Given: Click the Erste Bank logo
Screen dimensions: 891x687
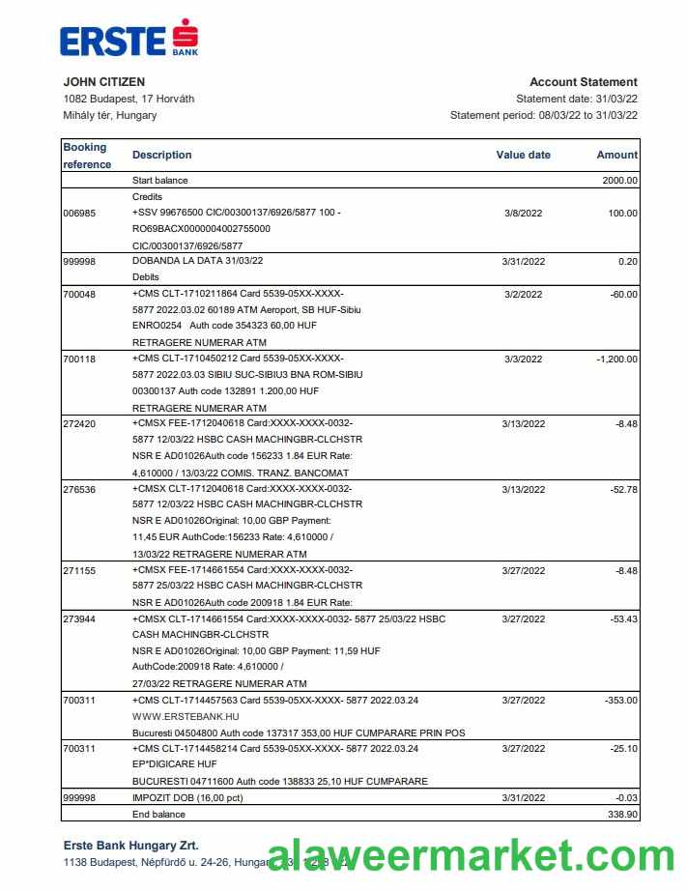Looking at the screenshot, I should click(129, 41).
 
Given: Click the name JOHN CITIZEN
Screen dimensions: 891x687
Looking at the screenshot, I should click(104, 82).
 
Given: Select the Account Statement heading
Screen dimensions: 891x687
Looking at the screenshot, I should click(583, 82).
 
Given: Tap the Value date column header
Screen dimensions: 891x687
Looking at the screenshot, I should click(523, 155).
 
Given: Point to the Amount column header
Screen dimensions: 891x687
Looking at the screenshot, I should click(616, 155).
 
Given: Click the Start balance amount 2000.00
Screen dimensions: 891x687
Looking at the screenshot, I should click(619, 180).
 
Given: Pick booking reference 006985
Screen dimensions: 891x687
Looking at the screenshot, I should click(79, 214).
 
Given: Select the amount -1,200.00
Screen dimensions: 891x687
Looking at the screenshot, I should click(616, 359).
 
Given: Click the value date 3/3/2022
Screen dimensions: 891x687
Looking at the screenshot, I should click(524, 359).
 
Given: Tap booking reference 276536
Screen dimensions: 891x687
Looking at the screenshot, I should click(79, 489).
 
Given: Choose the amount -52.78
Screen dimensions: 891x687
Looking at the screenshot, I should click(623, 489).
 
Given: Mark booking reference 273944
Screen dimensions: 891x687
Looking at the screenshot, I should click(79, 618).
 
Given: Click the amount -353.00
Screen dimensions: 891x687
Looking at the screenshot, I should click(620, 700).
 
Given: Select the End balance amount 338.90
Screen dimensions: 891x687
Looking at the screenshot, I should click(620, 815).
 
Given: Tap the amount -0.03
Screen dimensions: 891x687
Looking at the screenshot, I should click(625, 797).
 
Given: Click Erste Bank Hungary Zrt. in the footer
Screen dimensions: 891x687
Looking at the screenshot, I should click(130, 846).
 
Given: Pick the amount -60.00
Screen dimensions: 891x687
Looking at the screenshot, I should click(623, 294).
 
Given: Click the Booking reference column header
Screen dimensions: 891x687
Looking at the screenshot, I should click(87, 156).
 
